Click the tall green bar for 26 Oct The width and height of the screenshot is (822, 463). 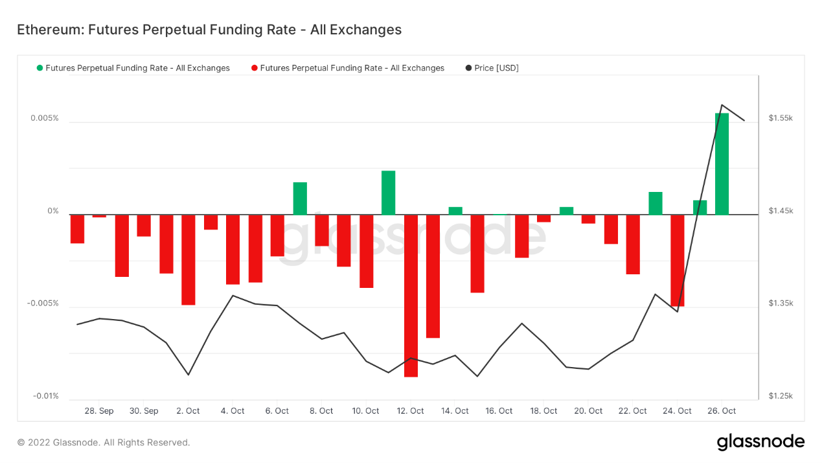coord(722,163)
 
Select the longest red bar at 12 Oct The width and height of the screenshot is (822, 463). coord(411,295)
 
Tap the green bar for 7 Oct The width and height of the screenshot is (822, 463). coord(300,198)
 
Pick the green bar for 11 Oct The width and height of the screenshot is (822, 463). coord(388,193)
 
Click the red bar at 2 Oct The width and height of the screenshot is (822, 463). coord(188,259)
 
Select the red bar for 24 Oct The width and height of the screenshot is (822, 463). coord(678,260)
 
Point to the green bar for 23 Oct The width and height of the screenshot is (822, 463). coord(656,203)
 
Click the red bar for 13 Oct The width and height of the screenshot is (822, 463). coord(433,276)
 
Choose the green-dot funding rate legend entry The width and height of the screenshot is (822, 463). coord(133,68)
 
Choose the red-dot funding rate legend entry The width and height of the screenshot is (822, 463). coord(348,68)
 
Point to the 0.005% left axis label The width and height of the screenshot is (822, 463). coord(44,118)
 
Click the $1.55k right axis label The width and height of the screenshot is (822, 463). coord(781,118)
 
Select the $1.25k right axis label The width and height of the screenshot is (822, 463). coord(781,396)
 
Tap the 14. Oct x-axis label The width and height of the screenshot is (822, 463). coord(455,411)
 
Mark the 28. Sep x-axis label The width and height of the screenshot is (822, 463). coord(99,411)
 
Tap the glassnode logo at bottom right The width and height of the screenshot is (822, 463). coord(760,442)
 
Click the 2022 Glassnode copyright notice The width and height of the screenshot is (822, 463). coord(104,443)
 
